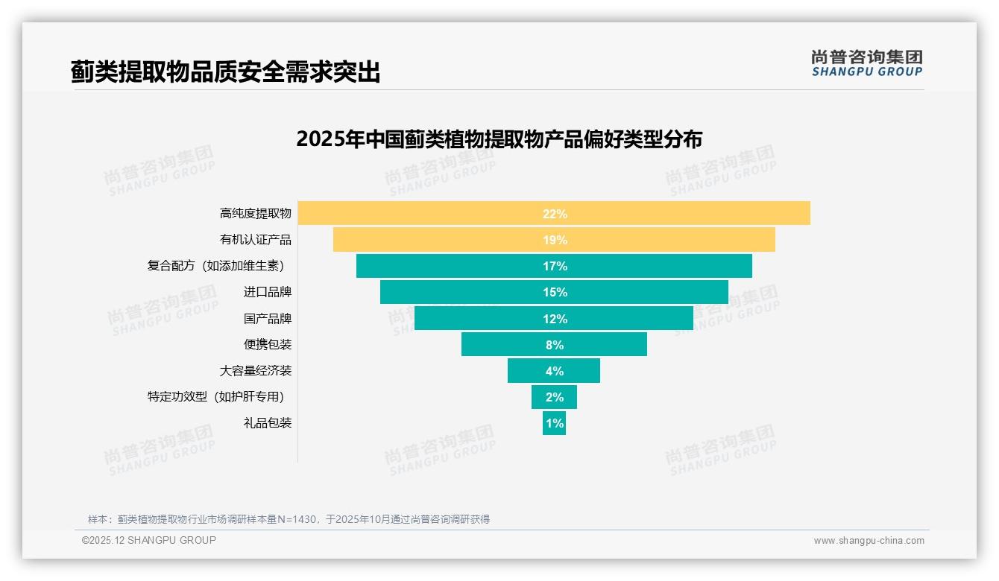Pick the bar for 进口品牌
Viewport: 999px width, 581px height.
462,292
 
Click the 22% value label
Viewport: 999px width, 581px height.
555,214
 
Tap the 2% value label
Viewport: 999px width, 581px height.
555,397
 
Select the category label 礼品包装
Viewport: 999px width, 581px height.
268,423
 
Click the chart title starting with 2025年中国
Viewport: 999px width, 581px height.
499,139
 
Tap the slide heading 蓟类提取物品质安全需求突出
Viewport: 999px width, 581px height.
225,72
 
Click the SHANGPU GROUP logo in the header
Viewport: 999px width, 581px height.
866,63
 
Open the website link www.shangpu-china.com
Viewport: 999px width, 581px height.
869,541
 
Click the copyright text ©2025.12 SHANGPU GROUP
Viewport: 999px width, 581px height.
149,540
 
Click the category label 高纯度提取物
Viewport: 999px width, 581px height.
256,214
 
